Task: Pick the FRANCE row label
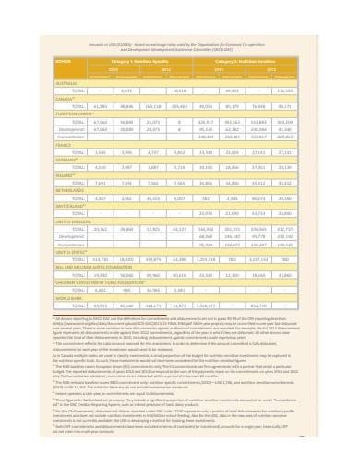(x=63, y=144)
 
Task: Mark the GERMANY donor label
(x=66, y=160)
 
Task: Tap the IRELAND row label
(x=64, y=176)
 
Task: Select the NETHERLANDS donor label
(x=69, y=192)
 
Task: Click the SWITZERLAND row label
(x=69, y=208)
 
